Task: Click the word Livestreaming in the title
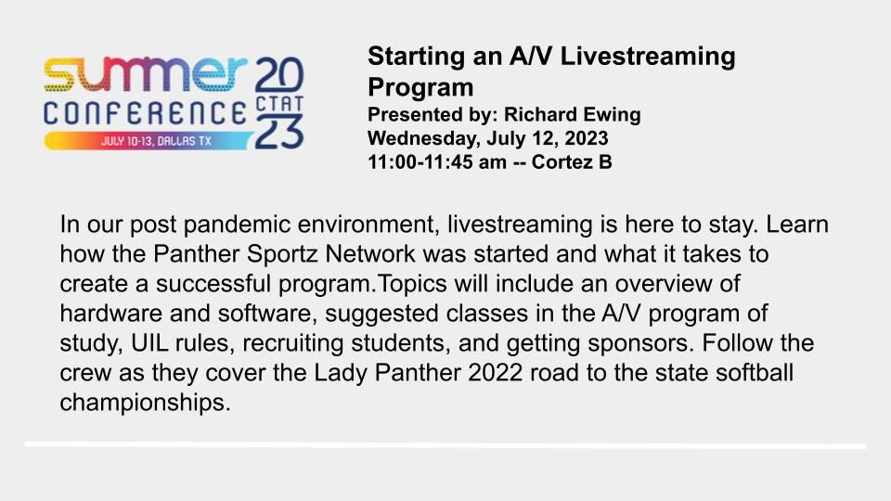(648, 57)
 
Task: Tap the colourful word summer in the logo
(146, 74)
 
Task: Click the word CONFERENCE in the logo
(146, 113)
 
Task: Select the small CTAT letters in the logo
(279, 105)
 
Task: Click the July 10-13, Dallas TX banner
(148, 141)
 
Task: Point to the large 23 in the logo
(279, 132)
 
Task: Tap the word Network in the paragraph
(370, 254)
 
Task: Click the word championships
(145, 403)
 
